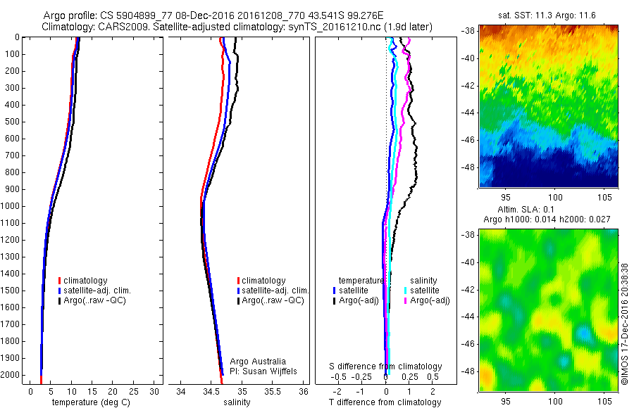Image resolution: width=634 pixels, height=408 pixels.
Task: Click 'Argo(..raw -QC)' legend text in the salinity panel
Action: point(273,300)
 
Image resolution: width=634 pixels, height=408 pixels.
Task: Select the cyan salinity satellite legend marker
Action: point(406,290)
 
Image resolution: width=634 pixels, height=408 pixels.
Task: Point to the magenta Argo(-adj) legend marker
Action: point(406,300)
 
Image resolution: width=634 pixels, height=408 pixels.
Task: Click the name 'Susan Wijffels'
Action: point(271,371)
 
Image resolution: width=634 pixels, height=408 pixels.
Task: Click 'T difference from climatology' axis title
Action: point(385,402)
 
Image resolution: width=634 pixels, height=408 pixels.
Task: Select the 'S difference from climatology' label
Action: point(386,366)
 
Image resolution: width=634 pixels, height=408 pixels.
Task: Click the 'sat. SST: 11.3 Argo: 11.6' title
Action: point(548,15)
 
